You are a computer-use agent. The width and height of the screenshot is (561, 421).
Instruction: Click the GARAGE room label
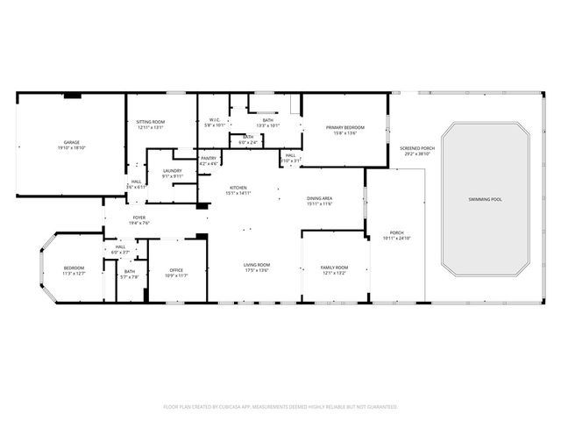pos(71,142)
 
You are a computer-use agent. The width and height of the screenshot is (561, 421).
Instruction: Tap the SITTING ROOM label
pos(151,122)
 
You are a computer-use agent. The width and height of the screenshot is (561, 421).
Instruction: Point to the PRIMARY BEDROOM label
pos(345,128)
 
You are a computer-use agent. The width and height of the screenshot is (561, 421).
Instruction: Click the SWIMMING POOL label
pos(484,200)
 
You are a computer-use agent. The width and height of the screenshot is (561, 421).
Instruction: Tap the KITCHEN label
pos(239,188)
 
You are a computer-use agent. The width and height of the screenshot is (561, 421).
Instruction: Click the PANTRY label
pos(209,159)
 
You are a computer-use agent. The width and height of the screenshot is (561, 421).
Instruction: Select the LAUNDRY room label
pos(172,171)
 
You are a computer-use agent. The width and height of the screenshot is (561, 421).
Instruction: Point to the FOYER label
pos(139,218)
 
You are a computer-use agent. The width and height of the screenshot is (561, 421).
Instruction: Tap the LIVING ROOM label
pos(256,265)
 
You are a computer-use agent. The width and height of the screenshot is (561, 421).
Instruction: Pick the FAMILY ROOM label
pos(334,268)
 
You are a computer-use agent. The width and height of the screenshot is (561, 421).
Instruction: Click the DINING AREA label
pos(319,199)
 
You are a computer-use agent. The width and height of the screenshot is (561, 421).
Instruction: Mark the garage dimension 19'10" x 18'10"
pos(71,147)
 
